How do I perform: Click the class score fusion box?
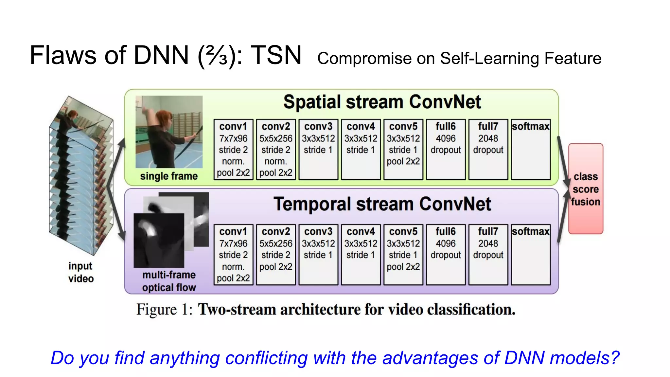tap(586, 189)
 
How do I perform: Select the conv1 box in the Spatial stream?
tap(233, 149)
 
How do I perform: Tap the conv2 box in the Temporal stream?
tap(276, 254)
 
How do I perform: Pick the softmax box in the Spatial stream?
tap(530, 149)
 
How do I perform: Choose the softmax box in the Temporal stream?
tap(530, 254)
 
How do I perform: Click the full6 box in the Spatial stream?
tap(446, 149)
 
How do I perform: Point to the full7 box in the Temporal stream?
tap(488, 254)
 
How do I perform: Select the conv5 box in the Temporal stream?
tap(403, 254)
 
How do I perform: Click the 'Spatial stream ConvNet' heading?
tap(382, 102)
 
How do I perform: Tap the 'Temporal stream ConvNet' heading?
tap(382, 204)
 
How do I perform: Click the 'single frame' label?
tap(169, 176)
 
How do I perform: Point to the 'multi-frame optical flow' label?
tap(169, 281)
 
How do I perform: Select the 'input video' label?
tap(81, 272)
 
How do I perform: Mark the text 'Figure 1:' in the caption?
tap(164, 309)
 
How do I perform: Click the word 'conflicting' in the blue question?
tap(266, 358)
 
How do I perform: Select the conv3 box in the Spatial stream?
tap(318, 149)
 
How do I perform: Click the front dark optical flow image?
tap(159, 241)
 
